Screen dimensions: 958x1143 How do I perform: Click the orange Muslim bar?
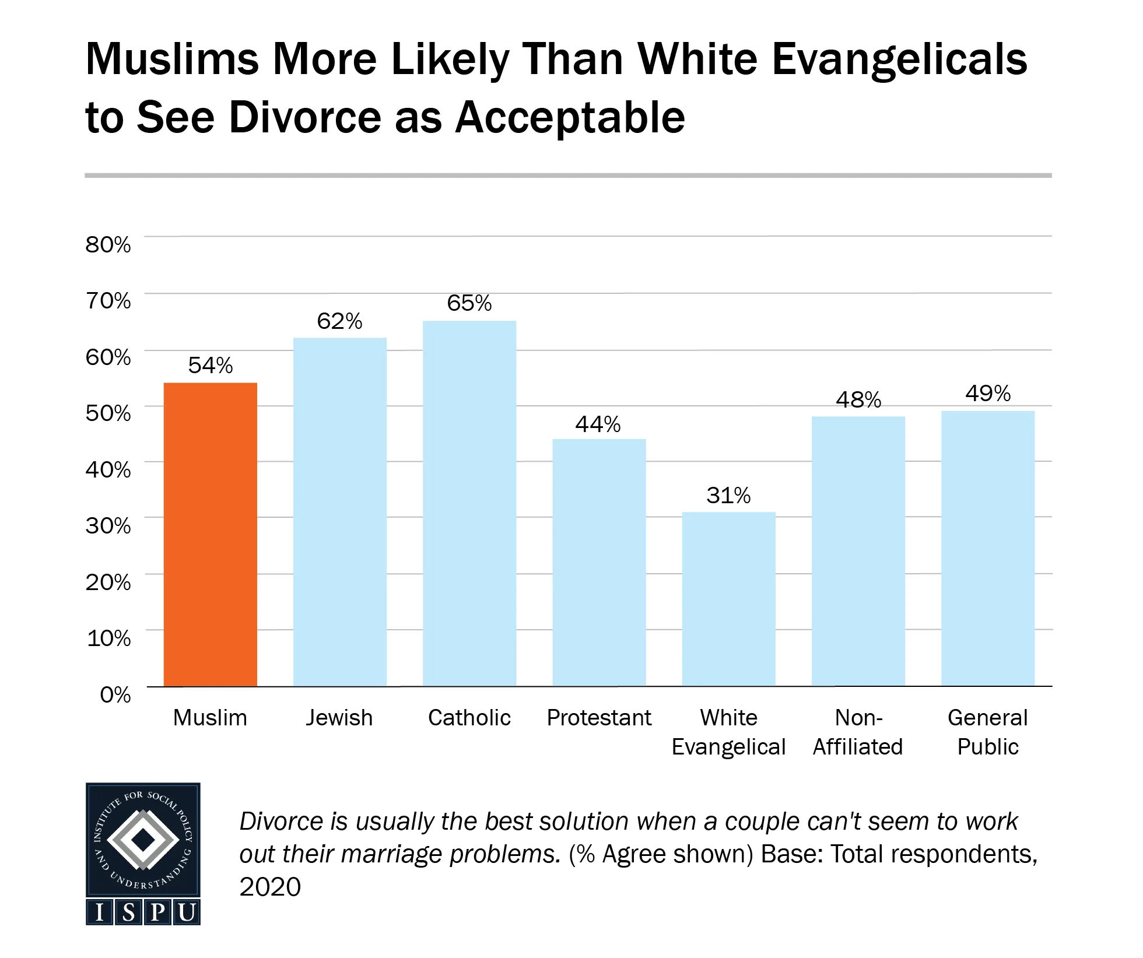click(x=210, y=534)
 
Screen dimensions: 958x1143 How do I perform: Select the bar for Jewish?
click(x=339, y=512)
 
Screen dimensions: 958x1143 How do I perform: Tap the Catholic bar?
click(x=469, y=503)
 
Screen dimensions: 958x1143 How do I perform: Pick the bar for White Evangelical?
click(x=728, y=599)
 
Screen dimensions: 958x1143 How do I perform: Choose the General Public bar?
click(x=987, y=548)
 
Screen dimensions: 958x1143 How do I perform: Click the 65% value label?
click(x=469, y=303)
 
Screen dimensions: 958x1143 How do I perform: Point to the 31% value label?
click(x=728, y=496)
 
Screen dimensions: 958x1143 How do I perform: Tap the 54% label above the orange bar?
click(x=210, y=366)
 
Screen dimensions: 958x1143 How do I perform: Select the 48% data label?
click(x=858, y=400)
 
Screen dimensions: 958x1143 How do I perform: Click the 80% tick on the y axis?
click(x=108, y=244)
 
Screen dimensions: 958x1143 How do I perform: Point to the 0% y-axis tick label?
click(x=115, y=694)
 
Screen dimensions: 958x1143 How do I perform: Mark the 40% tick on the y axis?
click(x=108, y=469)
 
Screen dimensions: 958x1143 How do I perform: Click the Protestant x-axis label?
click(x=599, y=718)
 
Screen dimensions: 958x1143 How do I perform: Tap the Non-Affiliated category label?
click(x=858, y=732)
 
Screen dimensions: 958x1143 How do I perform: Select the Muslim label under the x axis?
click(x=210, y=718)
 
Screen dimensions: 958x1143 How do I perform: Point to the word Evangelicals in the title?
click(x=899, y=59)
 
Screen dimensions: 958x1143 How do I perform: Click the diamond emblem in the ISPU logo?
click(x=143, y=840)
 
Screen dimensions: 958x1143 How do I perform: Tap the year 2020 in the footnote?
click(x=270, y=887)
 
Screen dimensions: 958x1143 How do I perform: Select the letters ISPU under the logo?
click(x=143, y=912)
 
